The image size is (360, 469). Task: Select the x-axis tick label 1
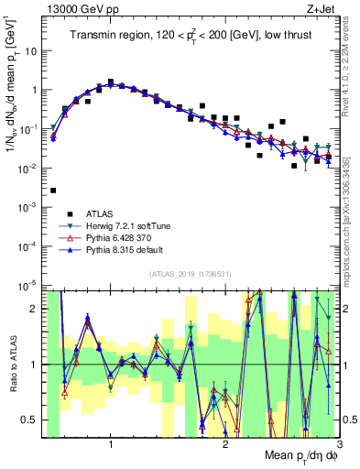[x=111, y=445]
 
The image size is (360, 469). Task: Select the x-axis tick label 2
[x=225, y=445]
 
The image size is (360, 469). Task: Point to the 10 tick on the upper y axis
[x=32, y=51]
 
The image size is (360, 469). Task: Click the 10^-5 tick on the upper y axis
[x=29, y=286]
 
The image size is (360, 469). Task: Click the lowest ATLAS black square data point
[x=53, y=191]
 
